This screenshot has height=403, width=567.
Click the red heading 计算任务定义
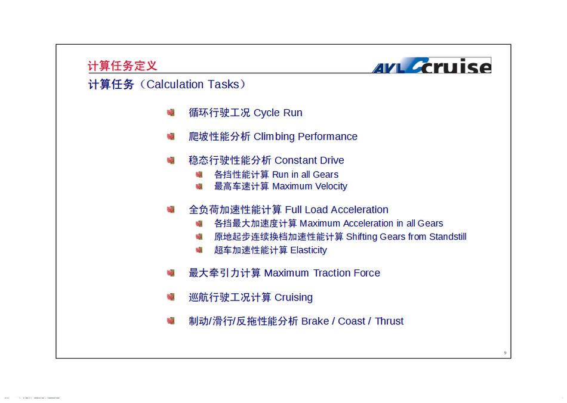point(122,66)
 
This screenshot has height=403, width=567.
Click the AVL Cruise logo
point(432,66)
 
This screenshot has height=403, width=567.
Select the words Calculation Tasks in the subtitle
point(193,84)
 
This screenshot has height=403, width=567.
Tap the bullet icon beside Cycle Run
point(171,112)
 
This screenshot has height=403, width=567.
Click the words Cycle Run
point(278,113)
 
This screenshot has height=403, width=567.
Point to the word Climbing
point(274,137)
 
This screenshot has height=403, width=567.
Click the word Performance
point(328,137)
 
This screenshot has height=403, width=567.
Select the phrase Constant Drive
point(309,160)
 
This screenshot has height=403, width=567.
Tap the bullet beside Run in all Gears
point(199,175)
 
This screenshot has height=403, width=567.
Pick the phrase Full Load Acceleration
point(337,209)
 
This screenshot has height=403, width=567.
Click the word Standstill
point(448,237)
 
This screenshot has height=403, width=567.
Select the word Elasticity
point(309,250)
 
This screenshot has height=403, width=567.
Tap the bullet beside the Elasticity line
point(199,250)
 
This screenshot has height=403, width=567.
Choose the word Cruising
point(294,297)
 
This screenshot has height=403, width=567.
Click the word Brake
point(315,321)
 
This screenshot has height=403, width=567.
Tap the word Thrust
point(389,321)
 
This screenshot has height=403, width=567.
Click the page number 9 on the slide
point(505,353)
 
